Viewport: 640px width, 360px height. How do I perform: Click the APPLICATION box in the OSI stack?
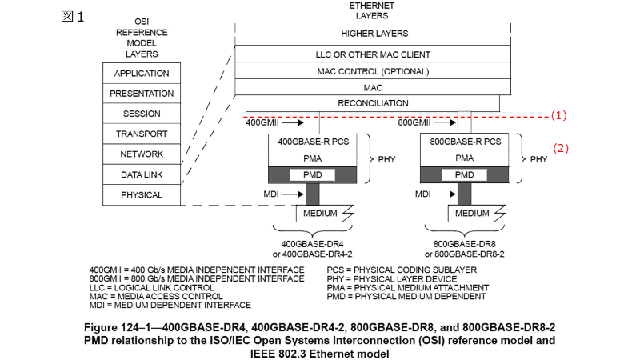pyautogui.click(x=142, y=74)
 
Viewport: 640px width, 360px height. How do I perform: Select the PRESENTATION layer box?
pyautogui.click(x=142, y=94)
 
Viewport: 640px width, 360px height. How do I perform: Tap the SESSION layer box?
pyautogui.click(x=142, y=114)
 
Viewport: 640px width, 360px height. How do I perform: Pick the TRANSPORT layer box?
pyautogui.click(x=142, y=134)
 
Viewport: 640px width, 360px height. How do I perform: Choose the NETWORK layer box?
pyautogui.click(x=142, y=154)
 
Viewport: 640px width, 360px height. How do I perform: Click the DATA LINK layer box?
pyautogui.click(x=142, y=174)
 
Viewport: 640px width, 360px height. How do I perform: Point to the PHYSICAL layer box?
pyautogui.click(x=142, y=194)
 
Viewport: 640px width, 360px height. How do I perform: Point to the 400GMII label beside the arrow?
pyautogui.click(x=263, y=123)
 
